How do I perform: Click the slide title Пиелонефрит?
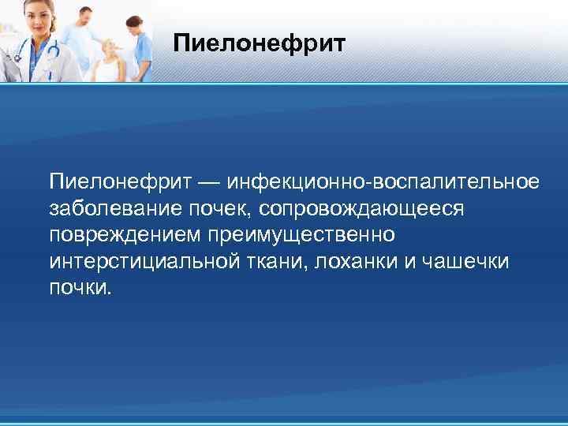pyautogui.click(x=259, y=43)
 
